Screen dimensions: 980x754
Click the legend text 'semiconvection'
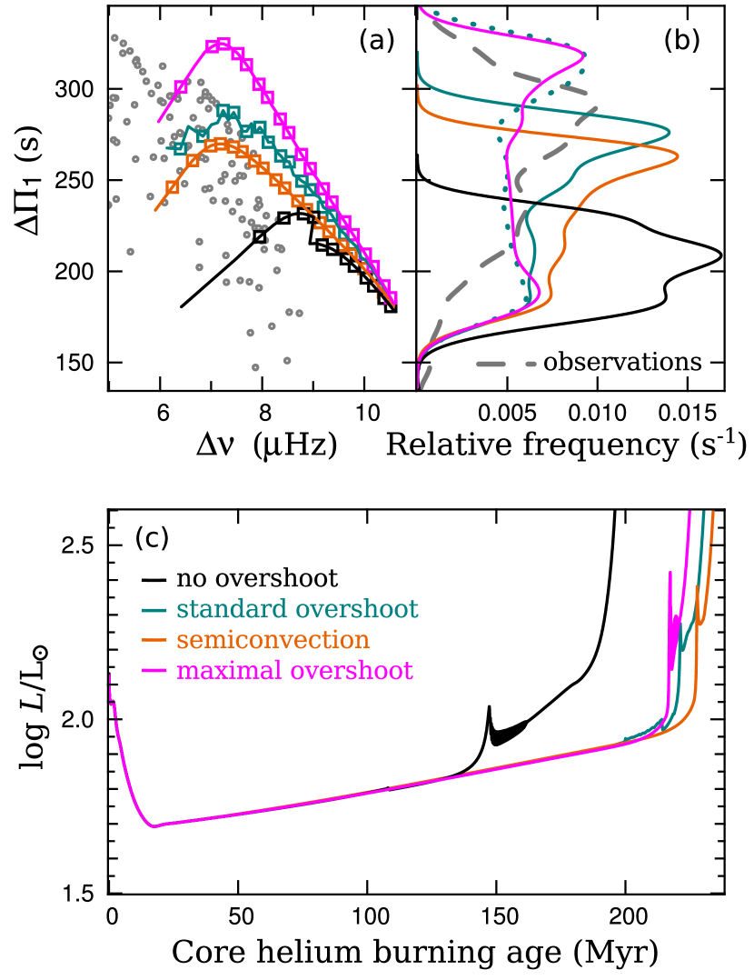pyautogui.click(x=273, y=640)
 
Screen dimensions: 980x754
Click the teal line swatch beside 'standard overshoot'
pyautogui.click(x=154, y=610)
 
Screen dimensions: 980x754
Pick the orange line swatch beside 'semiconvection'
pyautogui.click(x=154, y=641)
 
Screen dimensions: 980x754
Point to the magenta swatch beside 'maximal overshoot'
pyautogui.click(x=154, y=672)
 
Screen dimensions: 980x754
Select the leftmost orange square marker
pyautogui.click(x=172, y=188)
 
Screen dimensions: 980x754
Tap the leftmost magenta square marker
pyautogui.click(x=181, y=86)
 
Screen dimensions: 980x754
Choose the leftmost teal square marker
pyautogui.click(x=180, y=147)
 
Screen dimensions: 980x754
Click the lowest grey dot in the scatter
pyautogui.click(x=255, y=367)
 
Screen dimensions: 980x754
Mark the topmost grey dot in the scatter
pyautogui.click(x=114, y=37)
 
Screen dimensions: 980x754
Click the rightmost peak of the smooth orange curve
pyautogui.click(x=678, y=158)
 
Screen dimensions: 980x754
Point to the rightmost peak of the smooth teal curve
pyautogui.click(x=670, y=133)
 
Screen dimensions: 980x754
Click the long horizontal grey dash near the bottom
pyautogui.click(x=491, y=364)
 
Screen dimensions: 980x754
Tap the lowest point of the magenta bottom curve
pyautogui.click(x=154, y=826)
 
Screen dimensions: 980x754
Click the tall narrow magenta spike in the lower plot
pyautogui.click(x=670, y=582)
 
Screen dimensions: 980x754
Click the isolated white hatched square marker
pyautogui.click(x=260, y=236)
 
